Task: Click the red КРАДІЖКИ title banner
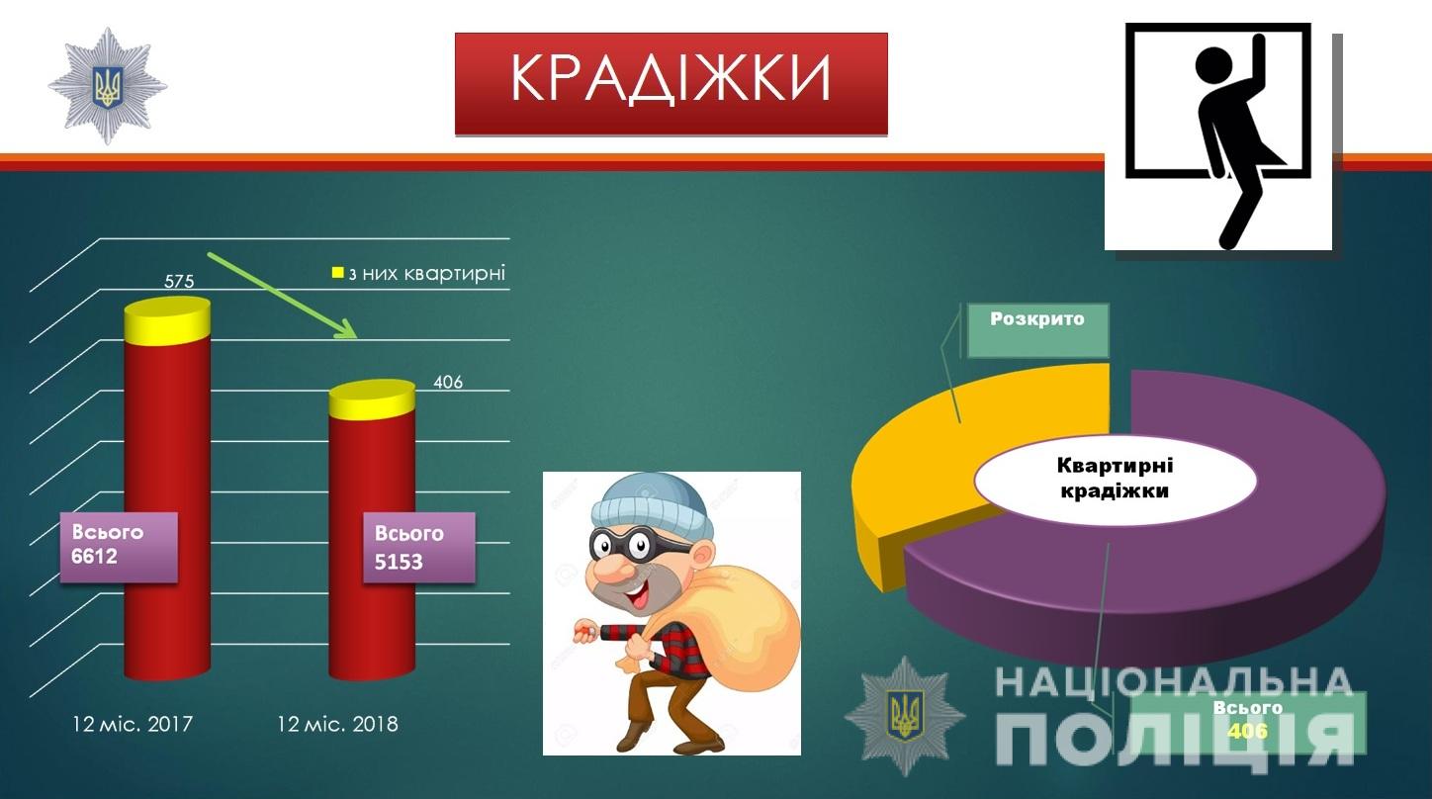coord(671,84)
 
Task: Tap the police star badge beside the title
coord(108,86)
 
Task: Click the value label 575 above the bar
coord(179,281)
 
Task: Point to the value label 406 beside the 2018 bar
coord(447,383)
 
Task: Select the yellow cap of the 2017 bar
coord(167,320)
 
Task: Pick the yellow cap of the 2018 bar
coord(372,399)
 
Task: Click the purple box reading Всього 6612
coord(119,547)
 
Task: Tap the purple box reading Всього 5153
coord(419,548)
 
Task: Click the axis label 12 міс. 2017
coord(133,724)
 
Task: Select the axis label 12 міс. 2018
coord(337,724)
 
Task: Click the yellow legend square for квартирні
coord(337,273)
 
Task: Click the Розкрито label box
coord(1037,330)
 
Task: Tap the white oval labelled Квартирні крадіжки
coord(1116,480)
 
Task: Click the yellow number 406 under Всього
coord(1247,731)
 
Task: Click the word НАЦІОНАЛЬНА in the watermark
coord(1174,681)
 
